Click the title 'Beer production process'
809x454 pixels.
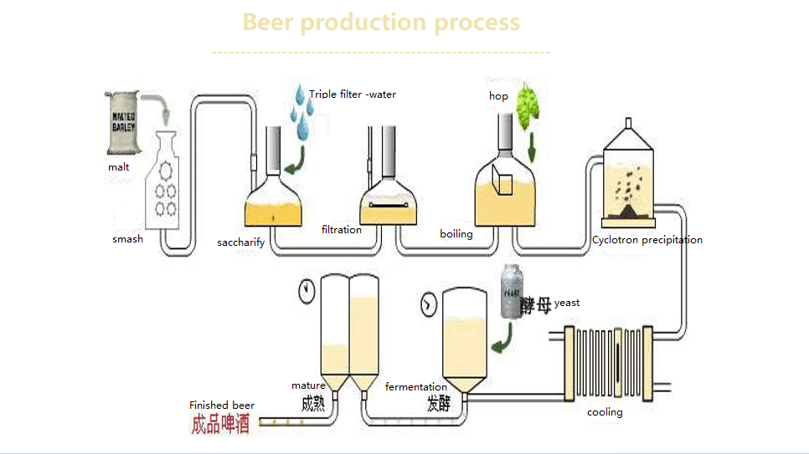point(381,22)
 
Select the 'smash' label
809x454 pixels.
point(127,239)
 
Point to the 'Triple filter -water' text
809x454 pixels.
point(352,94)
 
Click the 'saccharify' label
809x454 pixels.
point(240,242)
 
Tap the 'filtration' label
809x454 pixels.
point(341,229)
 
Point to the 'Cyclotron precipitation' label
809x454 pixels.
point(647,240)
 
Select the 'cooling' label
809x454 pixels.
point(604,412)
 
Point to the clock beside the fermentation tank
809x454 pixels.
point(429,304)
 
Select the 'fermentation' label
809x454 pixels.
point(415,387)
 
